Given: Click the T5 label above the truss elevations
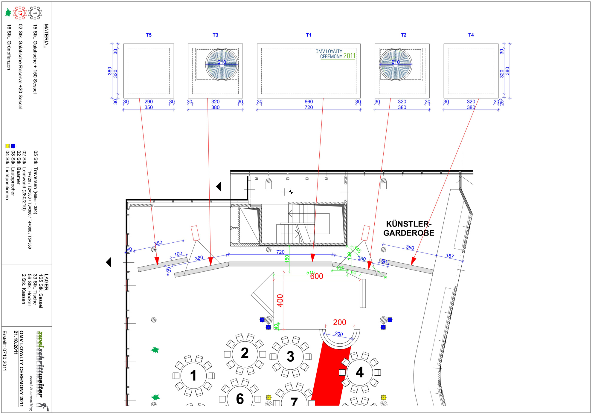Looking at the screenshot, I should [149, 35].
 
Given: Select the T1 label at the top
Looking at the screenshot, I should [309, 35].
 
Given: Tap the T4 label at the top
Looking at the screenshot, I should [471, 35].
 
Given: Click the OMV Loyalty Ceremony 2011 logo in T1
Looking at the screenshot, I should [335, 54].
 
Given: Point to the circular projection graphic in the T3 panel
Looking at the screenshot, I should [222, 65].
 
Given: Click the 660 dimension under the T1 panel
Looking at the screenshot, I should [309, 102].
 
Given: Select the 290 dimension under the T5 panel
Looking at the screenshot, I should [149, 102].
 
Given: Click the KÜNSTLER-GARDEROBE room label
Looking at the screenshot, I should [409, 228].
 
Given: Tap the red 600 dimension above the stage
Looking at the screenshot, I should [317, 276].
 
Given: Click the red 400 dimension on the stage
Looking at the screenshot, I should [280, 301].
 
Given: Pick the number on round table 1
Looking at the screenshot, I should [193, 376].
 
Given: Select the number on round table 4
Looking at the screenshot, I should [360, 372].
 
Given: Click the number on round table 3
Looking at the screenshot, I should [290, 357].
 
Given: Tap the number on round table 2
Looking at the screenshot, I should [245, 353].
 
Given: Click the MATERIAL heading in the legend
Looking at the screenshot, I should [46, 36].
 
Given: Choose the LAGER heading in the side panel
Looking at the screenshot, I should [46, 282].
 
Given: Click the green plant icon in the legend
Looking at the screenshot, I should [8, 13].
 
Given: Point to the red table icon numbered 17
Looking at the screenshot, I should [20, 13].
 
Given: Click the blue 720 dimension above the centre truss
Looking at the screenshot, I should [280, 252].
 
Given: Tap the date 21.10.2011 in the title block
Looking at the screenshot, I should [16, 342].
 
